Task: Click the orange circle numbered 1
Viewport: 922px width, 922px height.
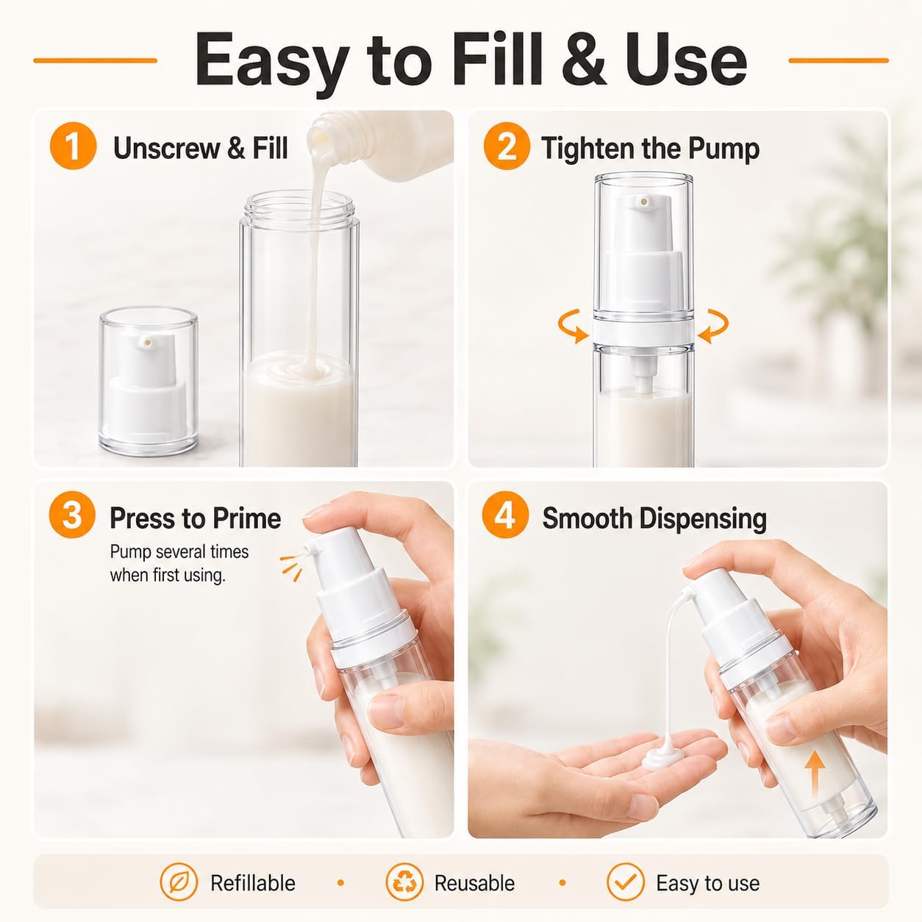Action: (74, 146)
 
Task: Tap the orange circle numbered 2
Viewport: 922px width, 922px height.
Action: (507, 146)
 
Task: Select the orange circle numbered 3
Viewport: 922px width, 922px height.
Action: (72, 515)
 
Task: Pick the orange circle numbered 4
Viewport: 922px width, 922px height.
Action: (505, 515)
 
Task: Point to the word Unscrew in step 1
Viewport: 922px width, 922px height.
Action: (166, 148)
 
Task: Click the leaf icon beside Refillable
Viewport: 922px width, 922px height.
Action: (179, 882)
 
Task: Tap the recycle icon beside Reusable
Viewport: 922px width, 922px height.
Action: (404, 882)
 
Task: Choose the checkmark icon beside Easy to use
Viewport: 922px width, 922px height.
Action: (626, 882)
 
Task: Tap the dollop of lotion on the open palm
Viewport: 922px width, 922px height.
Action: (663, 757)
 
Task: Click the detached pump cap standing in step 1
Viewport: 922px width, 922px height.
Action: (149, 382)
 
